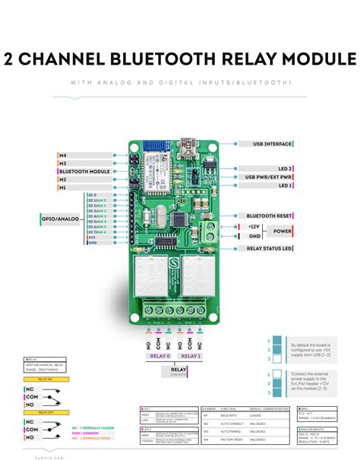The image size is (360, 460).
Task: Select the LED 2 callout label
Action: coord(285,168)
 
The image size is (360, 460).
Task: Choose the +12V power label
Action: coord(254,226)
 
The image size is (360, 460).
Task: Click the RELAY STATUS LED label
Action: coord(270,248)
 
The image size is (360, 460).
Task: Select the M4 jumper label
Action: coord(63,155)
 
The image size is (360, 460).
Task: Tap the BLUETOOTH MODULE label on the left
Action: coord(85,172)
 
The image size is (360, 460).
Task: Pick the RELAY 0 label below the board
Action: coord(160,355)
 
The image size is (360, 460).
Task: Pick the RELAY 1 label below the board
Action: coord(190,355)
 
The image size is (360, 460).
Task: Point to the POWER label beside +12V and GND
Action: coord(283,231)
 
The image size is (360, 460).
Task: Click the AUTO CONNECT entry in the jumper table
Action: coord(233,423)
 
